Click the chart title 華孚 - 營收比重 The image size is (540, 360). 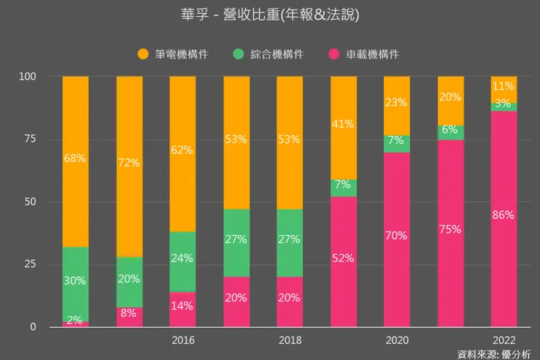point(269,14)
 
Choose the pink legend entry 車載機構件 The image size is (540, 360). point(363,54)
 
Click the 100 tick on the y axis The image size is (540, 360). point(28,76)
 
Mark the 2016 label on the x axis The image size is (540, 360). point(183,340)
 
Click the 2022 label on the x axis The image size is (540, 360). point(504,340)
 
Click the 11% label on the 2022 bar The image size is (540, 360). point(504,86)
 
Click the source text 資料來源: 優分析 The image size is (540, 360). point(493,353)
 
